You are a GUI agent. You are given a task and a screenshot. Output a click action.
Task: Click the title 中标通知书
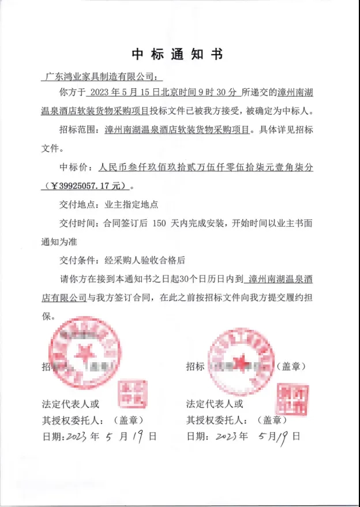click(x=177, y=55)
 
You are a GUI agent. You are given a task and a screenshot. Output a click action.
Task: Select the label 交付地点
click(x=76, y=204)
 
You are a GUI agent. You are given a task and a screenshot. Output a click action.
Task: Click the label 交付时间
click(x=76, y=223)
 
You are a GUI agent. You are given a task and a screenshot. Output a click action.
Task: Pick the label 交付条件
click(x=76, y=260)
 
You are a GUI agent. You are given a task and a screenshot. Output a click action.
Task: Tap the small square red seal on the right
click(x=294, y=397)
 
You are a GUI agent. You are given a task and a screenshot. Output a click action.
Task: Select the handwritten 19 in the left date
click(x=137, y=436)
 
